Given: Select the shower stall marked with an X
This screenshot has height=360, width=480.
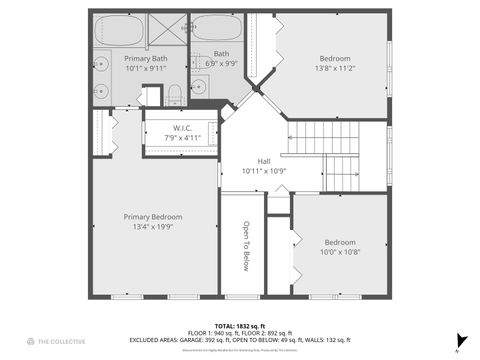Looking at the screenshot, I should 168,29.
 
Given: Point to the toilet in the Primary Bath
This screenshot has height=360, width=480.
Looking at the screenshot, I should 174,96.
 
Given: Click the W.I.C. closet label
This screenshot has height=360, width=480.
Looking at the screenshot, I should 182,128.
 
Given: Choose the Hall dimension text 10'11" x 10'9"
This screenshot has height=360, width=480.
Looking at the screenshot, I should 264,171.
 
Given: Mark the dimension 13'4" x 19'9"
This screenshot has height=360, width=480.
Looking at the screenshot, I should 153,226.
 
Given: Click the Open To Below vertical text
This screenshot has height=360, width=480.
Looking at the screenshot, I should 244,246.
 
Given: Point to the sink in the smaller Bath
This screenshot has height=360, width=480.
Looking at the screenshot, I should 199,86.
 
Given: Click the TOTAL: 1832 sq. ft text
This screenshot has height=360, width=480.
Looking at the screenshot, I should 240,326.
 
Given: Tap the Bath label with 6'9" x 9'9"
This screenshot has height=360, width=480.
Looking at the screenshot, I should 221,58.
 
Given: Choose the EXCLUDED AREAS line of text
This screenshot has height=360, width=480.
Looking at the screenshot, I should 240,341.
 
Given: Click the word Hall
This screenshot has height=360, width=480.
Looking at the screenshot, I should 264,161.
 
